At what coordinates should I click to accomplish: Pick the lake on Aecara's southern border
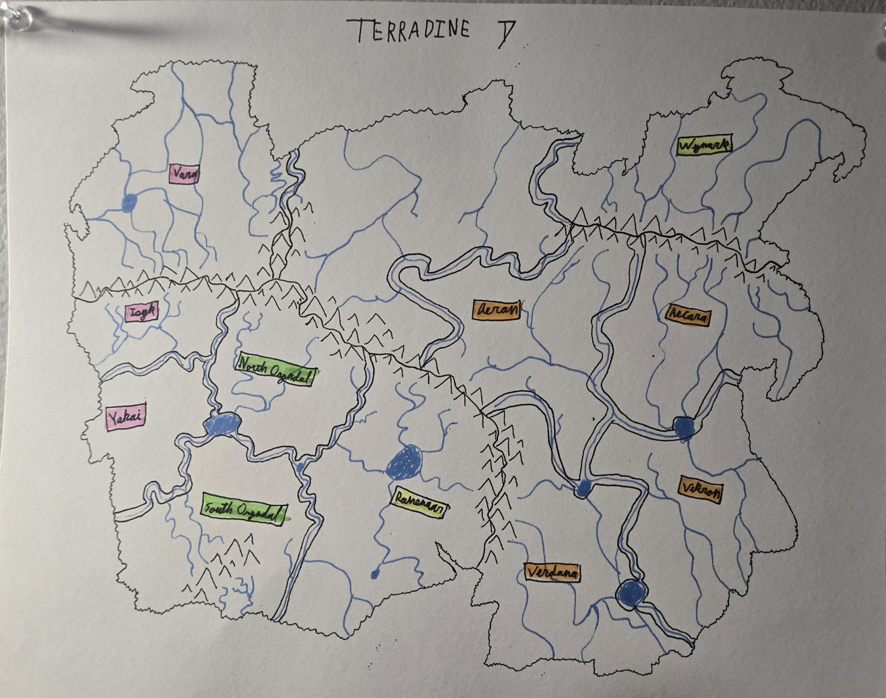click(x=684, y=427)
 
